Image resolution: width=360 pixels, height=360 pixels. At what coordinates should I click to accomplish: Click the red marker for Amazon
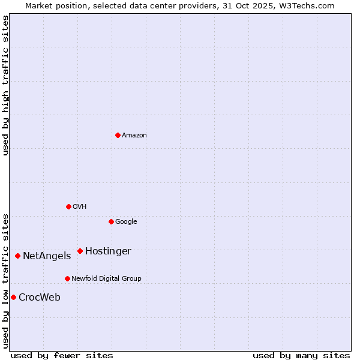118,135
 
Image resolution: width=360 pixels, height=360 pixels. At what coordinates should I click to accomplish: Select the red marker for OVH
68,206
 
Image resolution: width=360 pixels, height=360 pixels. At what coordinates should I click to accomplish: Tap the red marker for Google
111,221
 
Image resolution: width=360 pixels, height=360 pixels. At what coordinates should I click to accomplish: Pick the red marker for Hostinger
80,251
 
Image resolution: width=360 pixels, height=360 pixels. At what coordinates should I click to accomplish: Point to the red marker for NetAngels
17,256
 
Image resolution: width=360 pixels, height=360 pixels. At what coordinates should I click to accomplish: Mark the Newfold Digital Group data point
67,278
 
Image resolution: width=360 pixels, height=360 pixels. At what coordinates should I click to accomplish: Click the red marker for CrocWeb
13,297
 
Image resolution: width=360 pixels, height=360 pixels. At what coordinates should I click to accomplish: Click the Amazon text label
134,135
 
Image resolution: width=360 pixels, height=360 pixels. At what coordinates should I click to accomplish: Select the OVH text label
79,206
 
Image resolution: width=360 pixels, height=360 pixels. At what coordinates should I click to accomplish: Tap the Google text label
126,221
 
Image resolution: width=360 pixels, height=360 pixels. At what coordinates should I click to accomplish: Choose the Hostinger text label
108,251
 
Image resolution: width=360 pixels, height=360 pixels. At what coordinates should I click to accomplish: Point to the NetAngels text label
47,256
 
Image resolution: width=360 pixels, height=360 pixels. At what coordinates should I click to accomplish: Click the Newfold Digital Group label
106,278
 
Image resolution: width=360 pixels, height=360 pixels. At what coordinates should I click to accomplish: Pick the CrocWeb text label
40,297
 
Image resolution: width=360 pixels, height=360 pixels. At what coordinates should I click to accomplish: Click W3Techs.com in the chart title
309,5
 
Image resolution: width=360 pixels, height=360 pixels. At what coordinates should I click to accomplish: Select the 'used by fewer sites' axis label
62,355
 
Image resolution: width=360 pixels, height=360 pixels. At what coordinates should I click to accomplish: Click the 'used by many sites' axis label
301,355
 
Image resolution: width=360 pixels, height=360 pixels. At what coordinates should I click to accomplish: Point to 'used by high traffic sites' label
5,85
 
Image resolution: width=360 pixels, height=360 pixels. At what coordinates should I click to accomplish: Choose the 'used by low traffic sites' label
5,281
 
